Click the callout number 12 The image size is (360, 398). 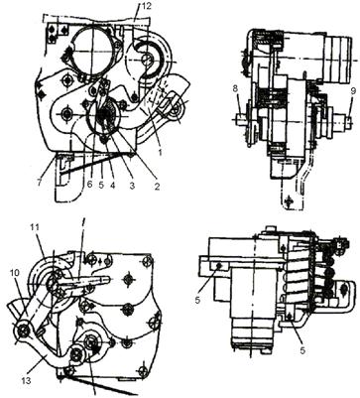coord(146,6)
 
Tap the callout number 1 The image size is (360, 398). coord(160,154)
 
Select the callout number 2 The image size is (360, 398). coord(157,187)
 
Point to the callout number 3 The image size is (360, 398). coord(132,186)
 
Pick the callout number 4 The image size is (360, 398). coord(112,186)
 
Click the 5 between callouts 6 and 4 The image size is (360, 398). coord(101,186)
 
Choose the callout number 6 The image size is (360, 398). coord(89,186)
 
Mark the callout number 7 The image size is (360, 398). coord(41,183)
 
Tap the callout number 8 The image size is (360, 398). coord(235,88)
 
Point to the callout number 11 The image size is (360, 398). coord(35,227)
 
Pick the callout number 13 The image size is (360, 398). coord(26,381)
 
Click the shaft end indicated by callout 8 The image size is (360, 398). coord(240,119)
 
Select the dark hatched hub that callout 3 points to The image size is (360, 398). coord(106,118)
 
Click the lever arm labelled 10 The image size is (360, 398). coord(36,306)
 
